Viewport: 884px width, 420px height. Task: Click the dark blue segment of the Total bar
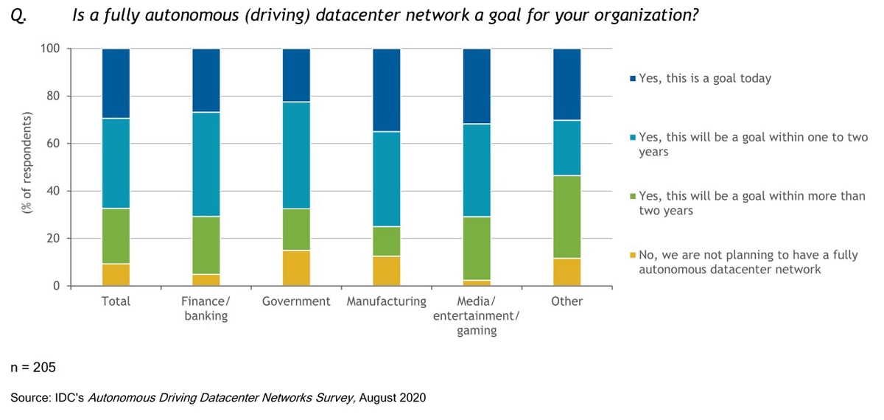coord(116,83)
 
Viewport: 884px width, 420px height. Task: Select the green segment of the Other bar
coord(566,217)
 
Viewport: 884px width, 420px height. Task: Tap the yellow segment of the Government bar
coord(296,268)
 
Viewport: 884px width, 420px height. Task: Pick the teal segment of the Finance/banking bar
coord(206,164)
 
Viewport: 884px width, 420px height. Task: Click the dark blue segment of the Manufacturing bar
coord(386,90)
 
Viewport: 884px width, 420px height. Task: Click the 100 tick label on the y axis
coord(50,49)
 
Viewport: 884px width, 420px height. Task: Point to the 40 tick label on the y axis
coord(53,192)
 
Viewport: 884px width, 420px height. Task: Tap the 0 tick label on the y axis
coord(57,287)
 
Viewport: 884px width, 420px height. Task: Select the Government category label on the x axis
coord(296,301)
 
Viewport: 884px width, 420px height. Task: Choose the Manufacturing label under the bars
coord(386,301)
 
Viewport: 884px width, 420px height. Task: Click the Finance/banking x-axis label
coord(206,309)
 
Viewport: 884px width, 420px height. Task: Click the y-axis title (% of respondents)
coord(27,164)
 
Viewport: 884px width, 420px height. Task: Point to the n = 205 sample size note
coord(33,367)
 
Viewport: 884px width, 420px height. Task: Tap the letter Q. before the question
coord(18,16)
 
